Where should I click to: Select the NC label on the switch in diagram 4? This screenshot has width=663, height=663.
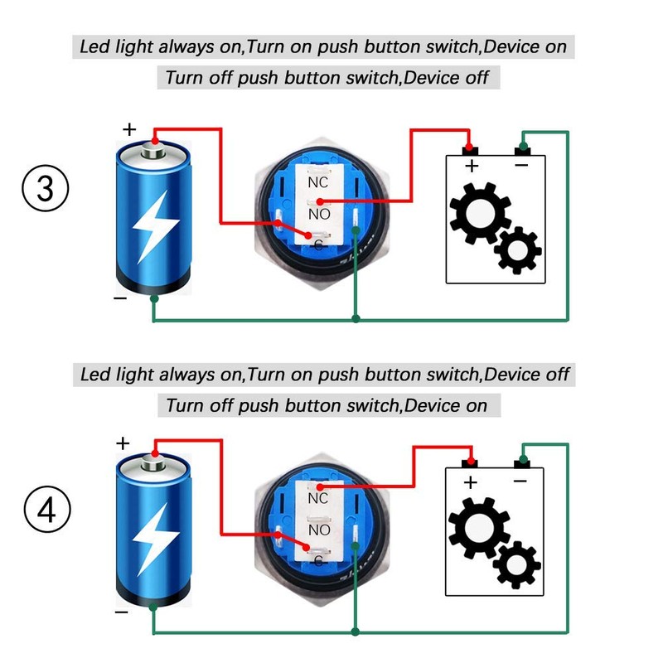coord(318,498)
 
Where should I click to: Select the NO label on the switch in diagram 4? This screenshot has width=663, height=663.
coord(319,530)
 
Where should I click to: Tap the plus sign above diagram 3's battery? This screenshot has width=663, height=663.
coord(128,129)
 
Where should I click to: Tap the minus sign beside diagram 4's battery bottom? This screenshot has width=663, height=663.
coord(121,612)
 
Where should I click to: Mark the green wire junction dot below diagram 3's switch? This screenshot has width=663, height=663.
coord(356,319)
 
